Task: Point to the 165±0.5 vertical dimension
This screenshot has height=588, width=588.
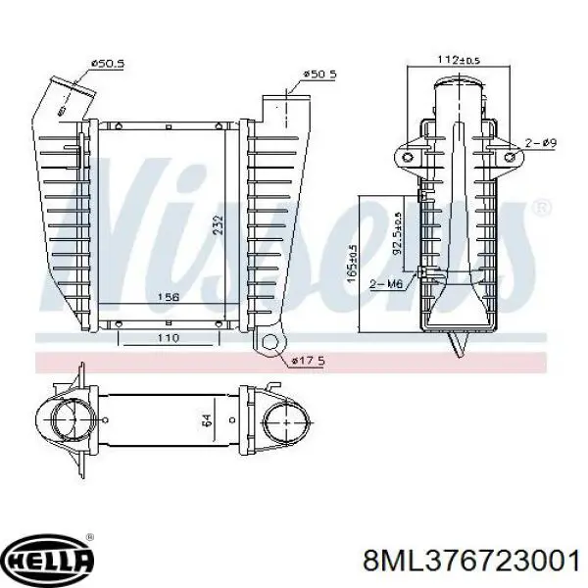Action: coord(352,263)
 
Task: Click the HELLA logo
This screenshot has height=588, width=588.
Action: coord(49,561)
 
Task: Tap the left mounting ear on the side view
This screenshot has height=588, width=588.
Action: coord(407,158)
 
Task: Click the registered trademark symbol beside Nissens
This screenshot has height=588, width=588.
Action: coord(540,209)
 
